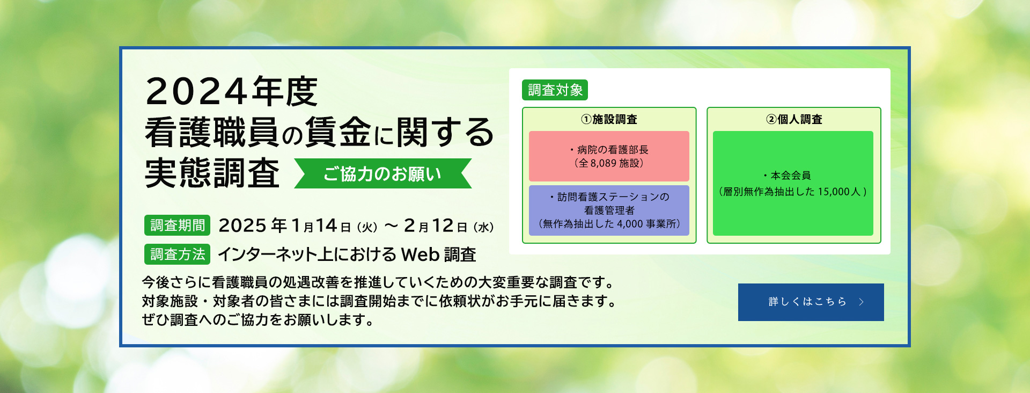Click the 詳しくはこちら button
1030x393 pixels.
[811, 302]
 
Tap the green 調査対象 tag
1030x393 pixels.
[555, 90]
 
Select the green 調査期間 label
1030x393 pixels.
[177, 225]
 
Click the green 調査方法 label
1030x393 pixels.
[177, 254]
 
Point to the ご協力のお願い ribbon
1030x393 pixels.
[382, 174]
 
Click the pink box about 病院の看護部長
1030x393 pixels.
[609, 156]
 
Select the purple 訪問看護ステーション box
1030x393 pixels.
[609, 210]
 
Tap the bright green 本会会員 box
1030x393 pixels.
[793, 184]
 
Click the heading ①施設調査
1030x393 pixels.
[609, 119]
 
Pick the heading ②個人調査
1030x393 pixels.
[794, 119]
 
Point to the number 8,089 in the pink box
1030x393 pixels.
[603, 164]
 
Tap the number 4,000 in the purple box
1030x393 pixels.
[630, 224]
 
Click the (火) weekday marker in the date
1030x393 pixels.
[367, 227]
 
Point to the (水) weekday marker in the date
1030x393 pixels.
[483, 227]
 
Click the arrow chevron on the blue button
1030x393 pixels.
[862, 302]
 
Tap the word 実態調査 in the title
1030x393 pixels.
[212, 173]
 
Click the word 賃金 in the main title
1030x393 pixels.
[337, 132]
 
